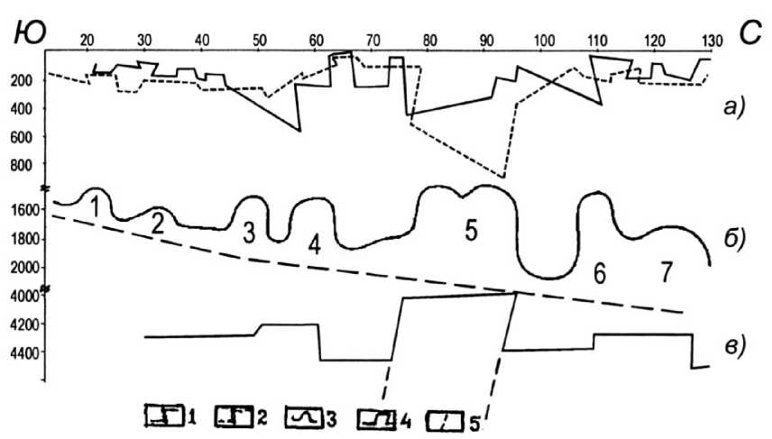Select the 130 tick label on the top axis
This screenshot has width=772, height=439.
[x=712, y=39]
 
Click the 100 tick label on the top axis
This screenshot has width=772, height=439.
[x=544, y=39]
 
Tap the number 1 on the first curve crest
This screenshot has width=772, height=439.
[x=94, y=206]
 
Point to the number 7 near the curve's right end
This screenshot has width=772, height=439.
[x=666, y=272]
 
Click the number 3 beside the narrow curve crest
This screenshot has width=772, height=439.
[x=249, y=232]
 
